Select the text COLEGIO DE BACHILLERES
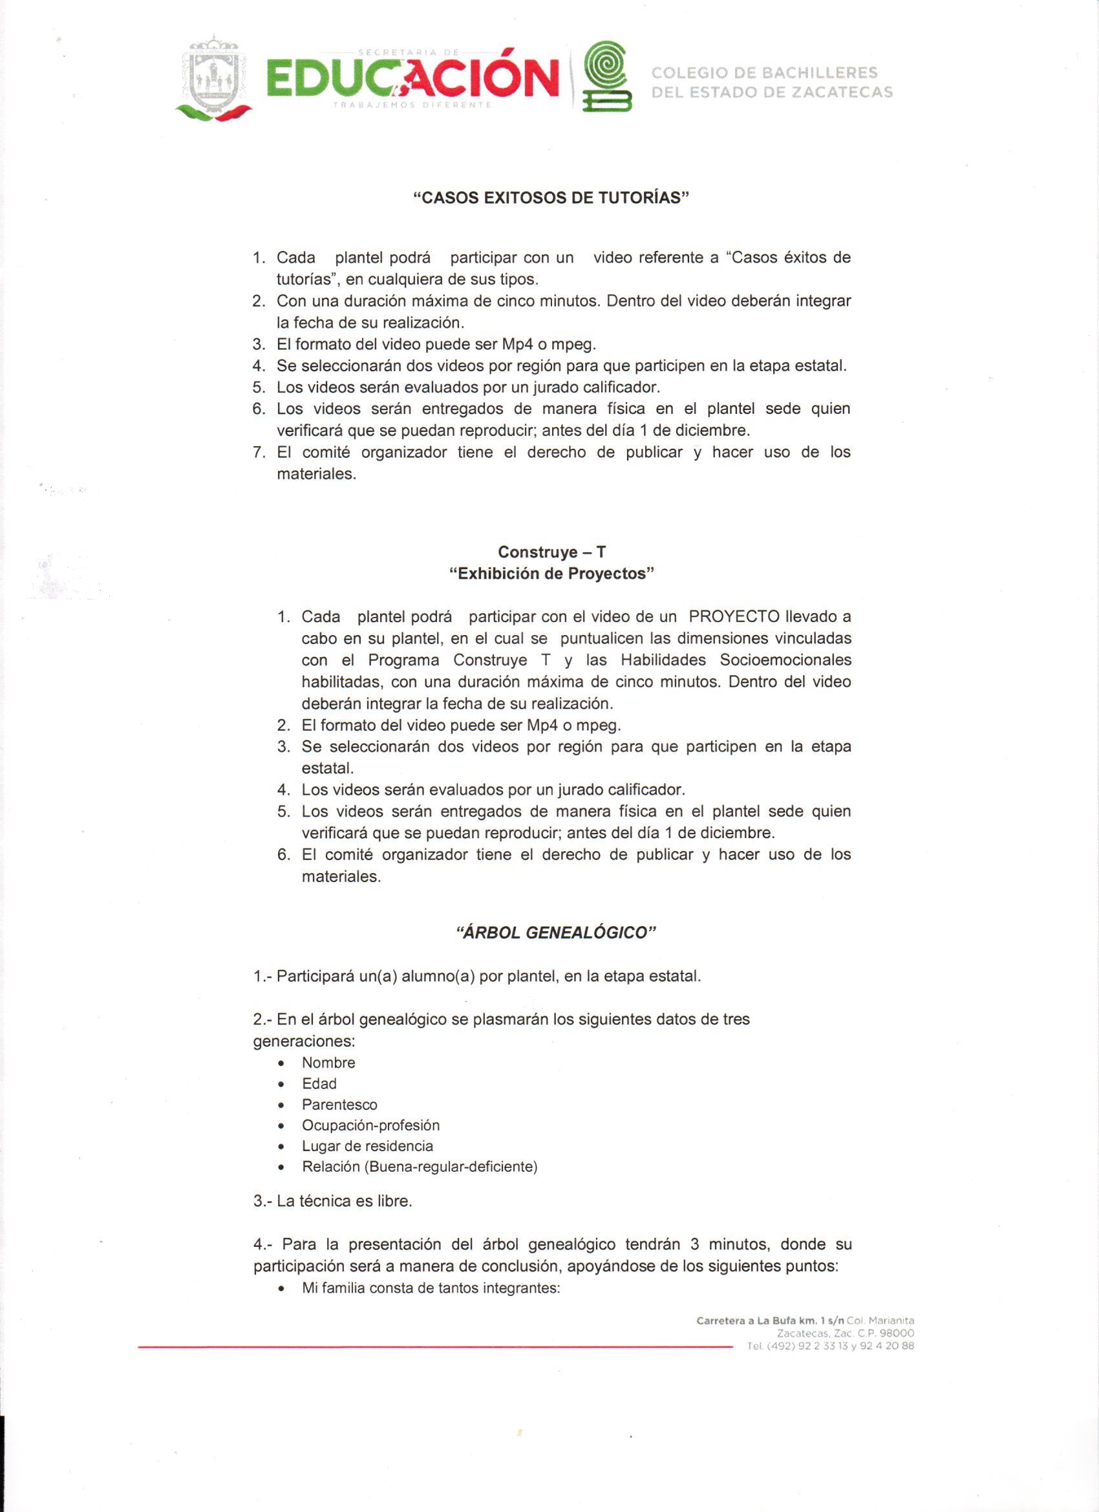click(763, 72)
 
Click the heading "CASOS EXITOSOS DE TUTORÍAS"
click(550, 197)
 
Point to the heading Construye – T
click(552, 552)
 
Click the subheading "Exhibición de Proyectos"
click(552, 574)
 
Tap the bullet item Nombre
click(328, 1063)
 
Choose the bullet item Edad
click(319, 1083)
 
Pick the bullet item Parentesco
click(339, 1105)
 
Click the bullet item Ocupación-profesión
click(370, 1125)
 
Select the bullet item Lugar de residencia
click(367, 1146)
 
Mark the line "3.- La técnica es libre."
click(332, 1202)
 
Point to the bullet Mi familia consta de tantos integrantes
click(431, 1288)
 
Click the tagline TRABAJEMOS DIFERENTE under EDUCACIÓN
click(412, 105)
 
